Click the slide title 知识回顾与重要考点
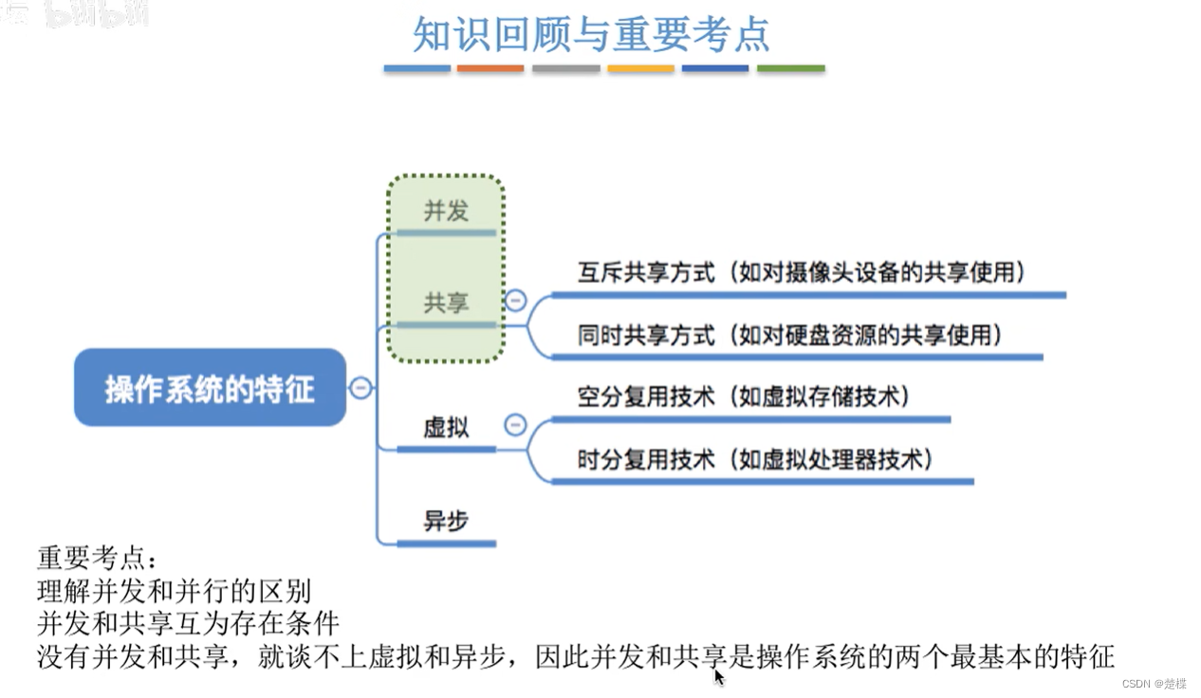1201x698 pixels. pos(590,34)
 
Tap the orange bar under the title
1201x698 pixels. pos(490,68)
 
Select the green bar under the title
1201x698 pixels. pos(790,68)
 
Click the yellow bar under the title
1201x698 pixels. pos(640,68)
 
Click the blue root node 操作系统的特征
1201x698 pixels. pos(210,388)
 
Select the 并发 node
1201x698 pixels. pos(446,211)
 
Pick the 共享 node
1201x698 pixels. pos(446,303)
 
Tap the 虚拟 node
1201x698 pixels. pos(446,427)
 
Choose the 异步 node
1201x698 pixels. pos(446,521)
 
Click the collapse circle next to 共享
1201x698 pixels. pos(515,301)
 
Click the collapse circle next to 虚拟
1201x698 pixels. pos(515,424)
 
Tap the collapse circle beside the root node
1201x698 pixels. pos(360,388)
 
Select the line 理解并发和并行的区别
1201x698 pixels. pos(174,592)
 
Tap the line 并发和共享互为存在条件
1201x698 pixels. pos(188,624)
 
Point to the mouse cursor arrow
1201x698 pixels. pos(719,676)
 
